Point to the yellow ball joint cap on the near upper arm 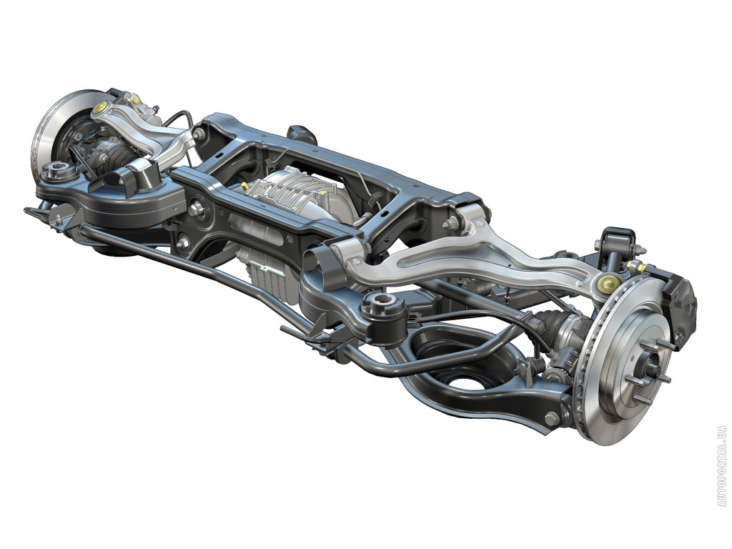[608, 282]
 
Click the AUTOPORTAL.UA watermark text [722, 465]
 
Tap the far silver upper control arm [140, 131]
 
